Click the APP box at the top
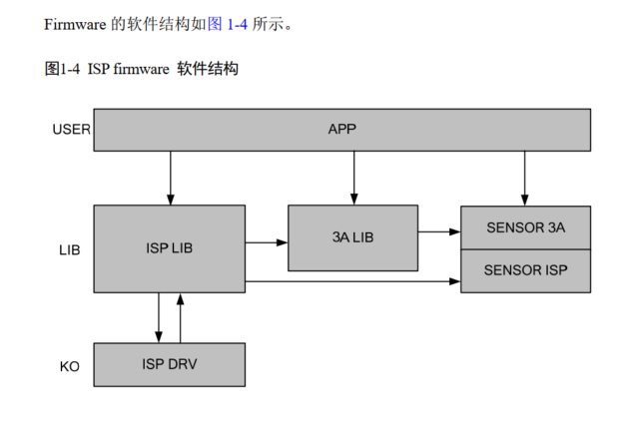341,130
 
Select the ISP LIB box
169,248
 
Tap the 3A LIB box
352,237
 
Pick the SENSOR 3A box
525,227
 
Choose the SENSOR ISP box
525,270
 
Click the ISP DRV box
169,364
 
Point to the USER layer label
71,129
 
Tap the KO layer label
69,366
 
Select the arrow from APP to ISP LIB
170,178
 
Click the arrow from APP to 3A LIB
352,178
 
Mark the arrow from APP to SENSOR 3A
525,178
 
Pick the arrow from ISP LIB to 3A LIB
267,241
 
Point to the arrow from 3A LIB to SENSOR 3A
439,232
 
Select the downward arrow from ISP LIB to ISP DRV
159,317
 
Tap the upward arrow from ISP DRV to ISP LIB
180,317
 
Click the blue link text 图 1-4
227,25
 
